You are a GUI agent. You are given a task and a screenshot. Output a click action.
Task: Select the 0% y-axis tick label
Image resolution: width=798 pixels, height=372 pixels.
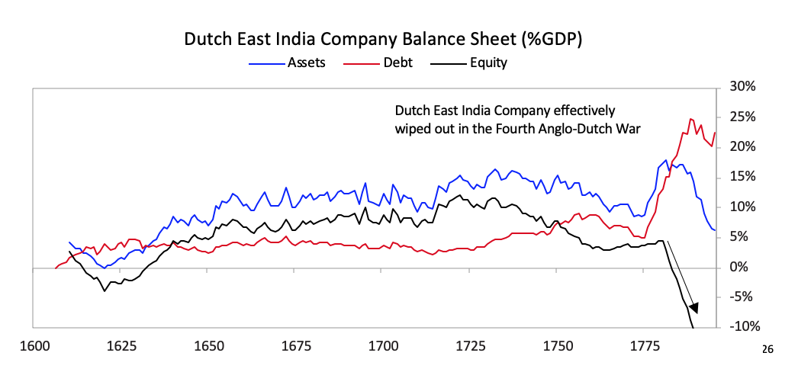(x=743, y=268)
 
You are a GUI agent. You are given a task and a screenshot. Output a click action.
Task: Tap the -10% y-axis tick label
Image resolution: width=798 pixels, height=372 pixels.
(x=738, y=328)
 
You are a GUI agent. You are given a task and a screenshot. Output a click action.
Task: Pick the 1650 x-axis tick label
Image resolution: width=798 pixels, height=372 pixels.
(x=208, y=347)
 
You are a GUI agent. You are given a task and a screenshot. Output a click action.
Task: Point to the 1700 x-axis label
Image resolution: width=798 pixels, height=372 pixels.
(x=383, y=347)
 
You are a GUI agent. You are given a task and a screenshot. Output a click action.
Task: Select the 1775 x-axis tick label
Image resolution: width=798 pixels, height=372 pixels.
(x=645, y=347)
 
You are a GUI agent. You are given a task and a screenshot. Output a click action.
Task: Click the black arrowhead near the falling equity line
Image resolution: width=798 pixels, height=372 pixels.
(x=693, y=307)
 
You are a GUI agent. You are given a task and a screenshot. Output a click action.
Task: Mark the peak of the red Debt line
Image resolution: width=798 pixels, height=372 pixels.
(x=690, y=119)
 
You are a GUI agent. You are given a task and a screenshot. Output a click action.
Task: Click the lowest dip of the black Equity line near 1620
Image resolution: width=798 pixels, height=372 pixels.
(x=105, y=290)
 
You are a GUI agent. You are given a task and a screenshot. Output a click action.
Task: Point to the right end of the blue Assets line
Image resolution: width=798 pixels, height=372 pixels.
(x=714, y=229)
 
